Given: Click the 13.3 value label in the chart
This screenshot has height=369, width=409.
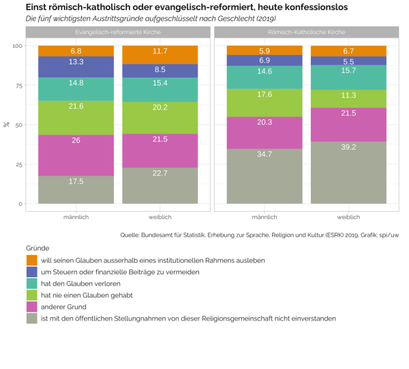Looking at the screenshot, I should coord(76,62).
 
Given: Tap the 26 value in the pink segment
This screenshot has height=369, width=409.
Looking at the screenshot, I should coord(76,140).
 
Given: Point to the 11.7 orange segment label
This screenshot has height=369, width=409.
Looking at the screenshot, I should coord(160,51).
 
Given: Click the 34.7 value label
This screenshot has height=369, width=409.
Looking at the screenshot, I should coord(264,155).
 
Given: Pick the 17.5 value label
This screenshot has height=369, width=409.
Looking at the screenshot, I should coord(76,182).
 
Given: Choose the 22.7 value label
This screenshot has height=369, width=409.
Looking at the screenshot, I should coord(160,173).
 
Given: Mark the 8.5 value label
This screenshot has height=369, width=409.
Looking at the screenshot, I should coord(160,69).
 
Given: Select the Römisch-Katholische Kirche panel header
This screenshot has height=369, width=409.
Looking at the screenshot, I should coord(306,32).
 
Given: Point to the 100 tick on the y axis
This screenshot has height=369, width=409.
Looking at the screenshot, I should coord(16,46).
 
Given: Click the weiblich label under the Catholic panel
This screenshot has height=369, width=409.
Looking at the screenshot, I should coord(348,216).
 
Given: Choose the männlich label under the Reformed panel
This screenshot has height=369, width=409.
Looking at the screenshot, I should coord(76,216).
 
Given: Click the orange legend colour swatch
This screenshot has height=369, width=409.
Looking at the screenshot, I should coord(32,260).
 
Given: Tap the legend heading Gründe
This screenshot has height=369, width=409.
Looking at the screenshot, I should coord(37,248).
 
